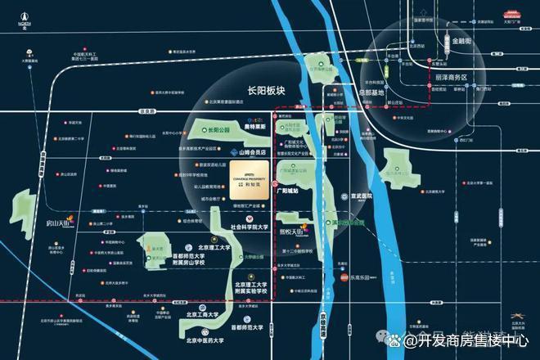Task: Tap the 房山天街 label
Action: click(x=60, y=220)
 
